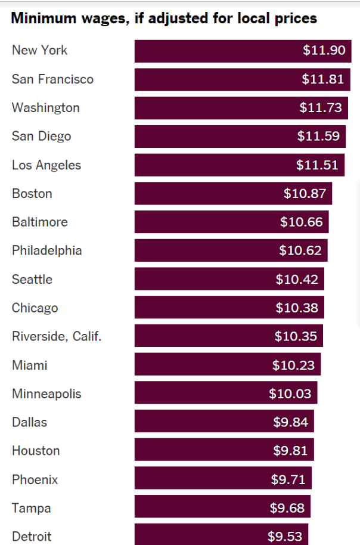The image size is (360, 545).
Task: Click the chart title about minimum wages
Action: [x=164, y=18]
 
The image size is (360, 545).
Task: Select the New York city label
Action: [x=39, y=51]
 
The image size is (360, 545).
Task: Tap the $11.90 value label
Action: [x=324, y=51]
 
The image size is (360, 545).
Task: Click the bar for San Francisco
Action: [x=242, y=79]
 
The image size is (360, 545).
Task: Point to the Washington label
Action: [x=45, y=108]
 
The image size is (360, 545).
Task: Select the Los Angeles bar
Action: [x=239, y=165]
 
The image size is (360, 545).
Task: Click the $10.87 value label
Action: [x=305, y=194]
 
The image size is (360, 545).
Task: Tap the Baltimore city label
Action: [x=40, y=222]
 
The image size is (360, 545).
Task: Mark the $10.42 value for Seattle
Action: [x=296, y=280]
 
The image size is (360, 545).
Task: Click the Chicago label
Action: [x=35, y=308]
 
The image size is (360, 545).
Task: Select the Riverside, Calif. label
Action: [x=57, y=336]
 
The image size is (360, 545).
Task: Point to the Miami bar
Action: [x=227, y=365]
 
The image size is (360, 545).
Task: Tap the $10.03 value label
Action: [x=290, y=394]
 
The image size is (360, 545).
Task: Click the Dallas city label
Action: [x=29, y=422]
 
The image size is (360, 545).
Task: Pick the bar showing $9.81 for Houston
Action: [x=224, y=451]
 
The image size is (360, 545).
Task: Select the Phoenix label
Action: [x=35, y=479]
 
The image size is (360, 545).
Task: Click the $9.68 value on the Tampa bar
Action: [x=287, y=508]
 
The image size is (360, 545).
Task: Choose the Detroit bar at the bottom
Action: [x=221, y=535]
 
